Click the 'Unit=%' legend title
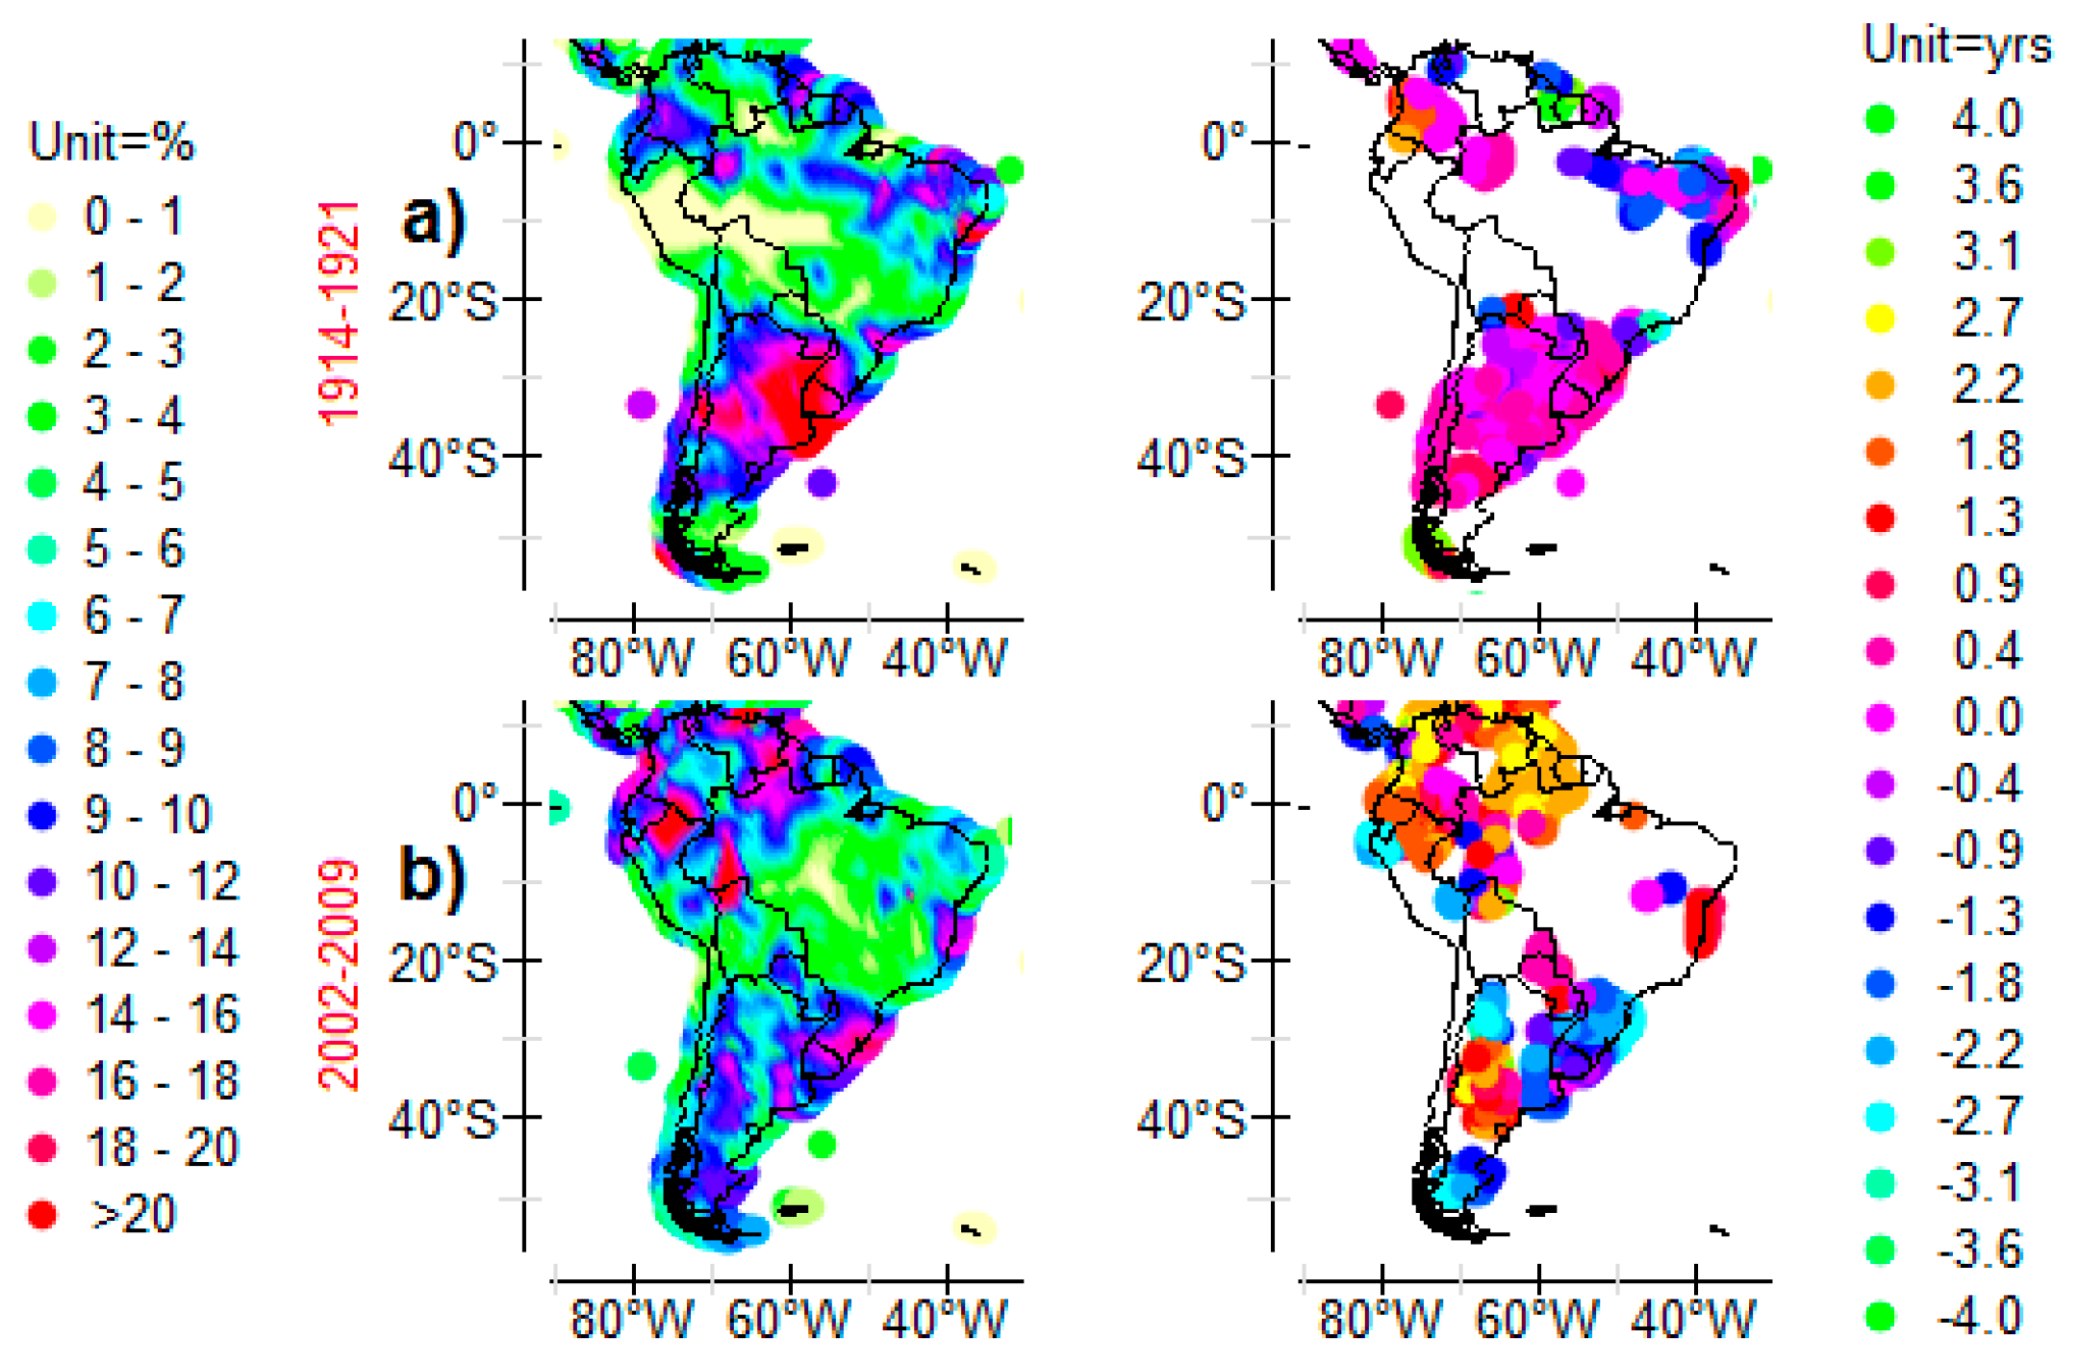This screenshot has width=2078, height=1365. [x=111, y=141]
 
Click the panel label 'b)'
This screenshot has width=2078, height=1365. [x=432, y=875]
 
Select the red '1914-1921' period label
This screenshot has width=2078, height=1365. [x=339, y=313]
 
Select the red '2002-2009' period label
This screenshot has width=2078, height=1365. [x=339, y=974]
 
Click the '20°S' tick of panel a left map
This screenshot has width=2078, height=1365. [x=443, y=302]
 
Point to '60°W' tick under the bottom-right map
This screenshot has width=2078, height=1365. [x=1536, y=1319]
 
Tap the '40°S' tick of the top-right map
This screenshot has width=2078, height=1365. [x=1190, y=458]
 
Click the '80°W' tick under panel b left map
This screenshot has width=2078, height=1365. [x=631, y=1319]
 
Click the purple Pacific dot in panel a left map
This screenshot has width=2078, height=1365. [x=642, y=404]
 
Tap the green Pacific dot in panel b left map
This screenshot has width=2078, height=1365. [x=642, y=1065]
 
